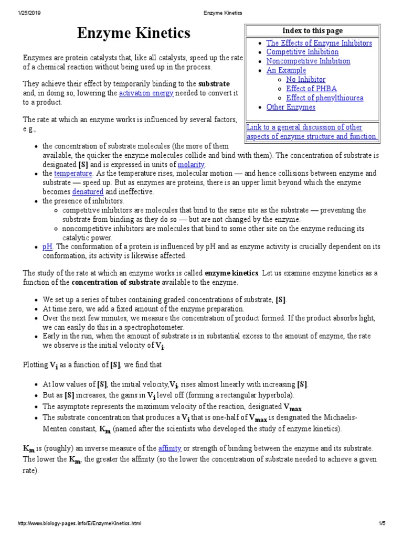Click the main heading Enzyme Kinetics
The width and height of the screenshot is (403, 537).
pos(134,34)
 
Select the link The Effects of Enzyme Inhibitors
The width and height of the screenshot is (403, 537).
pos(319,43)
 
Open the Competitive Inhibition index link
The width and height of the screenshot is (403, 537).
pos(302,52)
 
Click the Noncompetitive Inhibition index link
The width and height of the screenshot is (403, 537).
pos(308,61)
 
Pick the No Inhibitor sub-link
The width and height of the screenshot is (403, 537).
pos(305,80)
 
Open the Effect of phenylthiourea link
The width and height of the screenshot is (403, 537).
pos(324,98)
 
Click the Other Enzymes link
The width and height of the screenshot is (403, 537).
pos(291,107)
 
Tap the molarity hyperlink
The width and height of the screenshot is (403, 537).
pos(191,164)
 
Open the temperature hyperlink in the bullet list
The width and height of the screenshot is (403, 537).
pos(73,173)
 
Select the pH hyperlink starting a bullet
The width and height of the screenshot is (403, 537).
pos(47,246)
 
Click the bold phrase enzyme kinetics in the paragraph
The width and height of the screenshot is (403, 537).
pos(231,273)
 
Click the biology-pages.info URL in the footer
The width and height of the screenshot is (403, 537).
pos(79,523)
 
